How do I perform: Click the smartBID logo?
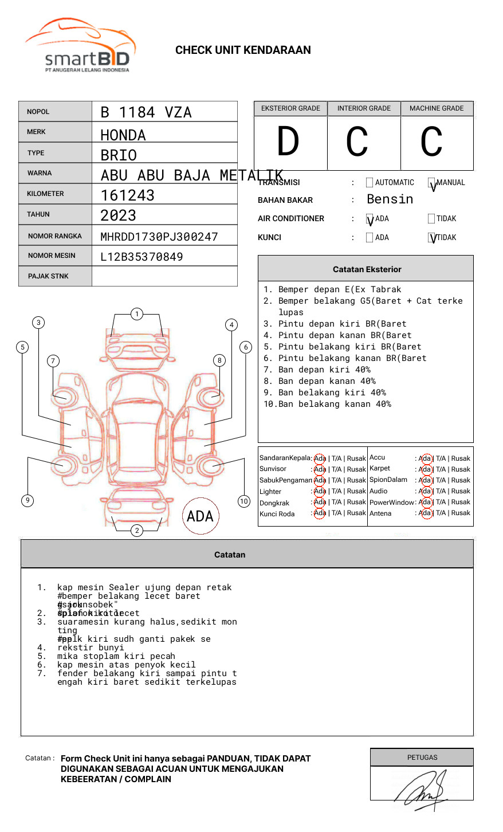[80, 46]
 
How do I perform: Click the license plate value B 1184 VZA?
[146, 112]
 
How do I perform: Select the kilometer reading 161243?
[127, 195]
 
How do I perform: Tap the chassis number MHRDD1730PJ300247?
[159, 237]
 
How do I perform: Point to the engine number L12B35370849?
[142, 257]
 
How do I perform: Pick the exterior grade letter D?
[288, 142]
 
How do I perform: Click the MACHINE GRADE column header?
[437, 108]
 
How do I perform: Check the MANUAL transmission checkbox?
[432, 183]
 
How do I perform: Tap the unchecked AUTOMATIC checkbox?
[370, 183]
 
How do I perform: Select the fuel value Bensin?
[390, 199]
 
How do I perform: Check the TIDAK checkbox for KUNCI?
[432, 237]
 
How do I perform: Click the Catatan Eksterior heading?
[367, 269]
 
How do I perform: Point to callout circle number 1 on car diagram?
[136, 313]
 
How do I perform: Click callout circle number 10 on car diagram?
[244, 501]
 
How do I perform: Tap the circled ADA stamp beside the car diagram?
[200, 516]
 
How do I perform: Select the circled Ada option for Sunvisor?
[320, 469]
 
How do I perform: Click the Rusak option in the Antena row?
[461, 513]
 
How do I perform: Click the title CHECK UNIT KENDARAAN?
[243, 50]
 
